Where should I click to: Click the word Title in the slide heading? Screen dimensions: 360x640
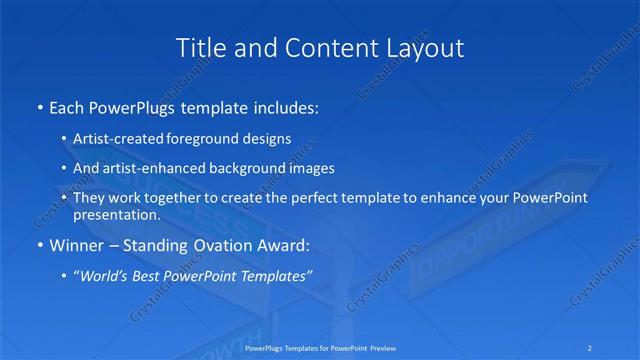tap(199, 47)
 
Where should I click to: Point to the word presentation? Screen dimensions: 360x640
tap(116, 214)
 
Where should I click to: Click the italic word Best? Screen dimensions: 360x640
tap(160, 275)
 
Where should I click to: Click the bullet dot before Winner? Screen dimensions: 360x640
tap(39, 245)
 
